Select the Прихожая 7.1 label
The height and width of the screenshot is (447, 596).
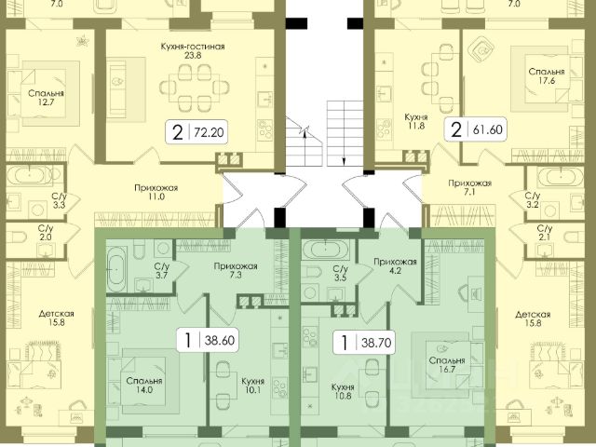click(x=463, y=189)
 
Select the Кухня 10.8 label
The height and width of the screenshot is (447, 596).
click(x=345, y=390)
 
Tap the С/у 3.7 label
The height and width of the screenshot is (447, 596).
click(x=160, y=272)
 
